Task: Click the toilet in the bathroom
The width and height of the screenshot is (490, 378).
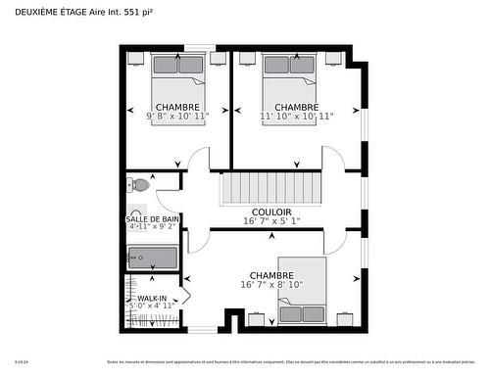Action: coord(140,184)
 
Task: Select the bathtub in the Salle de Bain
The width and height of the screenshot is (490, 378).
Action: coord(152,259)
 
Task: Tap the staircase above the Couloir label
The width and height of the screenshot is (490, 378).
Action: coord(270,187)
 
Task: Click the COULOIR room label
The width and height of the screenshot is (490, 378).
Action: coord(271,212)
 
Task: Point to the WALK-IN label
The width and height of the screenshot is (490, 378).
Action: coord(151,298)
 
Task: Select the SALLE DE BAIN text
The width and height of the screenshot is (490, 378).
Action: coord(152,218)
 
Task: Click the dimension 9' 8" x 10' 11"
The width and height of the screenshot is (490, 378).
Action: coord(177,116)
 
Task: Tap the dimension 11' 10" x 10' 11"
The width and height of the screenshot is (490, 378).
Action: coord(296,116)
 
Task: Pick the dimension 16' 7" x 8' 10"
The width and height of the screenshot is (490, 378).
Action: coord(270,284)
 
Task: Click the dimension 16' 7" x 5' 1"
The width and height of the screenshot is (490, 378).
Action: coord(270,221)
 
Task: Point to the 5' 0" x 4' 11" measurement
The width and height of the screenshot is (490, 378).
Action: coord(152,306)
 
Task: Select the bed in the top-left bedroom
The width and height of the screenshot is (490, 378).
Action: coord(177,83)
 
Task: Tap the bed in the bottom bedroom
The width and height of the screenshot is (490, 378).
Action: coord(302,291)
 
